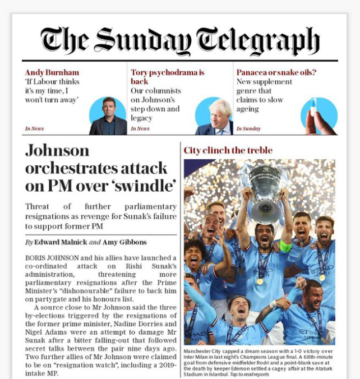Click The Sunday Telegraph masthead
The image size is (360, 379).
[180, 40]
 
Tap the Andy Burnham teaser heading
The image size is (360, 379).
[52, 72]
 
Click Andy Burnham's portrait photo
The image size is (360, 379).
[108, 117]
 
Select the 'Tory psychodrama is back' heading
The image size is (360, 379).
[167, 77]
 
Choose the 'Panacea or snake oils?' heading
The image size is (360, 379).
[276, 72]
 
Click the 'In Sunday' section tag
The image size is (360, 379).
[248, 129]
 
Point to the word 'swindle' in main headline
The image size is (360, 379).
[149, 184]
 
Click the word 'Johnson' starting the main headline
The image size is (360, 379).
[57, 150]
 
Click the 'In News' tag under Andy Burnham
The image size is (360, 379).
[34, 129]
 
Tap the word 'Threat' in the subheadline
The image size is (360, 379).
[38, 207]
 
